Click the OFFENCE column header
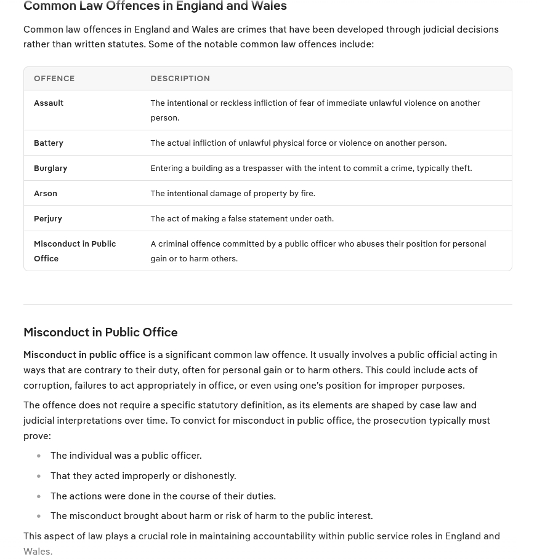(54, 79)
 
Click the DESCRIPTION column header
(180, 79)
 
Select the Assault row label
(49, 103)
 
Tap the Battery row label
(49, 143)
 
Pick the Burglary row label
(50, 168)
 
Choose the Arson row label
(46, 194)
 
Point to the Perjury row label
(48, 219)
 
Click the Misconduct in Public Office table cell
(75, 251)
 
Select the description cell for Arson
(233, 194)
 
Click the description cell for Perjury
(242, 219)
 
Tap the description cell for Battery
(298, 143)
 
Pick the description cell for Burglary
(311, 168)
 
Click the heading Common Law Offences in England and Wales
(155, 7)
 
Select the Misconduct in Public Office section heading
(100, 333)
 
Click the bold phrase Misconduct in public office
(84, 355)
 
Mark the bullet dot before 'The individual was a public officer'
(39, 456)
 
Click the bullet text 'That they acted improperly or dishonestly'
(143, 476)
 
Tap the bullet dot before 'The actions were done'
(39, 496)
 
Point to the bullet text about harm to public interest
(211, 516)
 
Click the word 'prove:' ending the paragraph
(37, 436)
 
